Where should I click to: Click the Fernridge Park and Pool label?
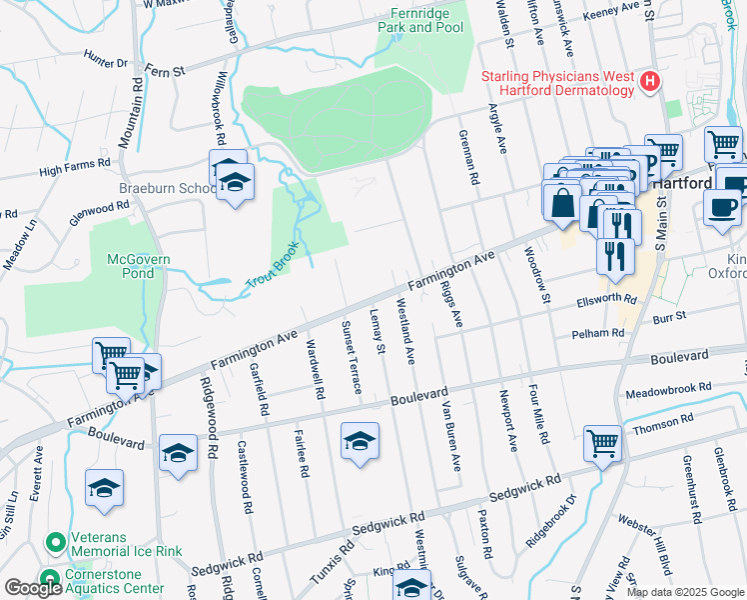(x=420, y=20)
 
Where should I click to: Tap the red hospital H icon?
(x=651, y=82)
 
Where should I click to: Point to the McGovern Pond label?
(x=139, y=266)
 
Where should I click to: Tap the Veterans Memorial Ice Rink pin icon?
(x=54, y=543)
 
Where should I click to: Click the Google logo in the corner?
(x=33, y=588)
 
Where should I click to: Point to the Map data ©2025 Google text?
(x=685, y=592)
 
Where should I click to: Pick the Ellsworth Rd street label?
(x=606, y=300)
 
